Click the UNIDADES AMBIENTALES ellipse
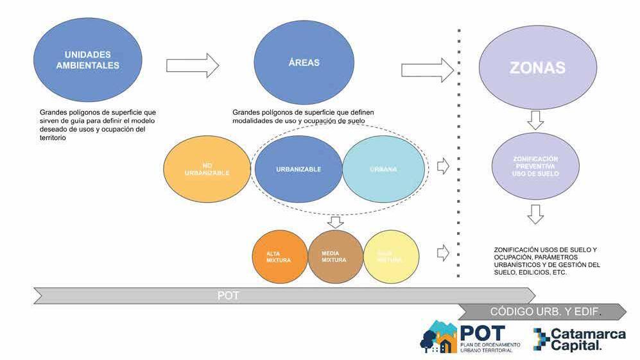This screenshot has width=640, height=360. pyautogui.click(x=88, y=61)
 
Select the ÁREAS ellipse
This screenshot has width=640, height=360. pyautogui.click(x=304, y=63)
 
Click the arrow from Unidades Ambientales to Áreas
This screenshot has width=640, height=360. pyautogui.click(x=193, y=65)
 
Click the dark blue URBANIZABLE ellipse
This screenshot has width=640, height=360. pyautogui.click(x=298, y=169)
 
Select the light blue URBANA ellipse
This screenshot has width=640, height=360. pyautogui.click(x=384, y=169)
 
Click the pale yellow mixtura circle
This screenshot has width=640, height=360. pyautogui.click(x=391, y=257)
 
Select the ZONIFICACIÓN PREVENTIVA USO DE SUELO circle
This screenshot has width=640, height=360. pyautogui.click(x=536, y=166)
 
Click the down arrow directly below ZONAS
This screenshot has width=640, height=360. pyautogui.click(x=536, y=120)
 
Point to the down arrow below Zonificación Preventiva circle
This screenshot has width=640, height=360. pyautogui.click(x=536, y=214)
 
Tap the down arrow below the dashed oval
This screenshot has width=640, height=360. pyautogui.click(x=334, y=222)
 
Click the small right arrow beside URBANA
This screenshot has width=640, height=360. pyautogui.click(x=443, y=167)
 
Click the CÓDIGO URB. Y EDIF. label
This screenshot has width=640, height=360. pyautogui.click(x=546, y=312)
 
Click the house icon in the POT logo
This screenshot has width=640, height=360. pyautogui.click(x=443, y=342)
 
